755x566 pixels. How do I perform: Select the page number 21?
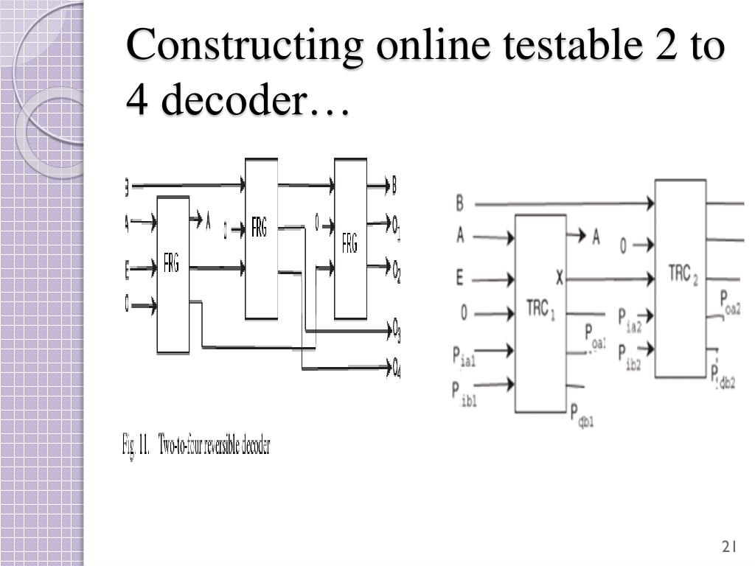pos(729,547)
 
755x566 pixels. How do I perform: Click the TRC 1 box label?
pos(540,309)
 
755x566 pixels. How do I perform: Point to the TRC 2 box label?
pos(683,274)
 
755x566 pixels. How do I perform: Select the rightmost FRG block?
pos(350,243)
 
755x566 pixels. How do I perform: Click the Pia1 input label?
pos(465,357)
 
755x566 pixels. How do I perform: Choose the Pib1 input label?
pos(465,391)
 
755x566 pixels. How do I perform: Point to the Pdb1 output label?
pos(582,416)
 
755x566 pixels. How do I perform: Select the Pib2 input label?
pos(629,355)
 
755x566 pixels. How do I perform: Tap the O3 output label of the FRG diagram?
pos(397,329)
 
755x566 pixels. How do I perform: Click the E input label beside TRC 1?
pos(459,279)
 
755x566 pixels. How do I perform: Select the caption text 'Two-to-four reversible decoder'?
pos(215,447)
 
